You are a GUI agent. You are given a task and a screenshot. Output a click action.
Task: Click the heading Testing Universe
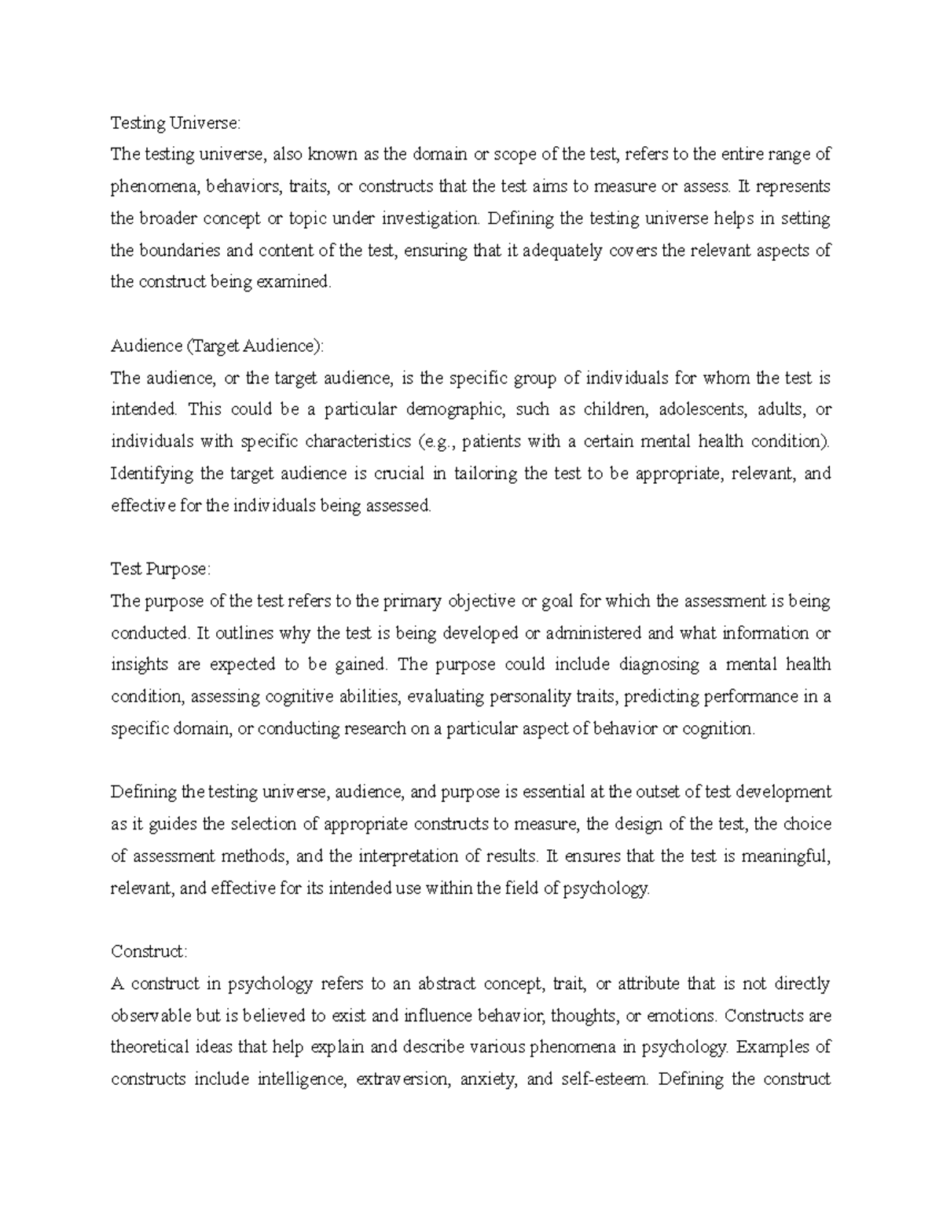pyautogui.click(x=172, y=123)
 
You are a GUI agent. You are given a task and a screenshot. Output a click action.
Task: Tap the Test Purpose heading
pyautogui.click(x=160, y=569)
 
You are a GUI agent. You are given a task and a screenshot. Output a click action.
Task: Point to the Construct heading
pyautogui.click(x=149, y=951)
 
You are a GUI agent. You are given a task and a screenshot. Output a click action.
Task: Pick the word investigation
pyautogui.click(x=429, y=219)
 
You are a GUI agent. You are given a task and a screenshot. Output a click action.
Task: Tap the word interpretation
pyautogui.click(x=413, y=856)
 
